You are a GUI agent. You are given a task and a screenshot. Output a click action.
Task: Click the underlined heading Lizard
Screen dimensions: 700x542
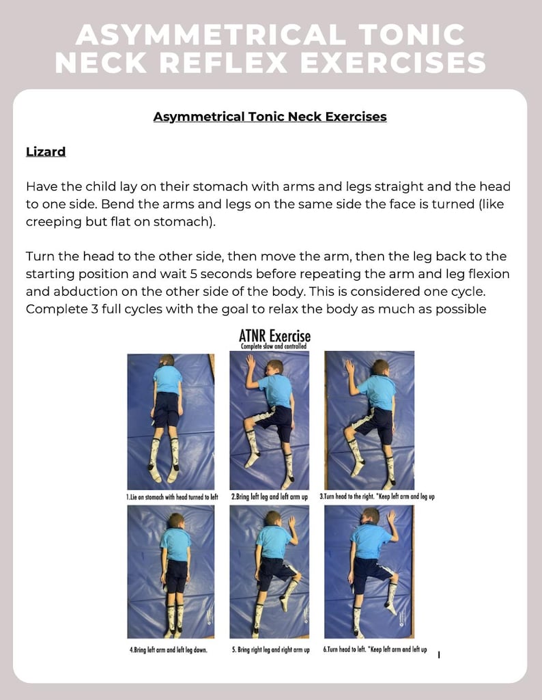46,152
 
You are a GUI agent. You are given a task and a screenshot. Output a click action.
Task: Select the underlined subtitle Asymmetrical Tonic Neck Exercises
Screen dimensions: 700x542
270,117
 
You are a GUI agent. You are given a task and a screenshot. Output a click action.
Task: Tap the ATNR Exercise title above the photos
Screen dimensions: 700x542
274,336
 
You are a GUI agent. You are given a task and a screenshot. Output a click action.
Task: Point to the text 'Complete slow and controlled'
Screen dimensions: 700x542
274,347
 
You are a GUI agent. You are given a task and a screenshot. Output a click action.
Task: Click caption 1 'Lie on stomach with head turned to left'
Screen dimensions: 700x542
173,496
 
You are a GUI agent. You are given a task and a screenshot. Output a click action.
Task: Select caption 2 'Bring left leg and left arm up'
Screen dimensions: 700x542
270,496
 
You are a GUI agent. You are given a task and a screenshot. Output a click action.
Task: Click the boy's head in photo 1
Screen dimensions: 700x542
167,361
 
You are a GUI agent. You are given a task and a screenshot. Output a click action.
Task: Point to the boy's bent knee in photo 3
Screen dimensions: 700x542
349,431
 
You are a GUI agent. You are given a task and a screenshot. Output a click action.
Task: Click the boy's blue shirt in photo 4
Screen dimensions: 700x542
175,544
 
